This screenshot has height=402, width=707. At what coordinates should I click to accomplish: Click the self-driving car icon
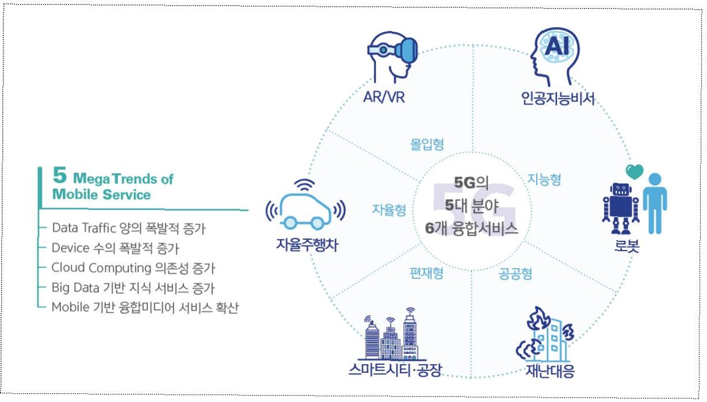[x=305, y=207]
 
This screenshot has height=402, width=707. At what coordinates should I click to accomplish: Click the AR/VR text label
[x=383, y=98]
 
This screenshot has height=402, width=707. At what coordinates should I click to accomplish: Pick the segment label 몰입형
[x=427, y=144]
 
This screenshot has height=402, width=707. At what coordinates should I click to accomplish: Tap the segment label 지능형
[x=544, y=180]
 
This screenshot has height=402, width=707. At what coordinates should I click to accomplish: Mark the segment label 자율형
[x=389, y=210]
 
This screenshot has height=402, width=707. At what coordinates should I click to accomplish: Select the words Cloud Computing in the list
[x=101, y=268]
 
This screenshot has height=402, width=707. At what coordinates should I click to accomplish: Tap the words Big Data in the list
[x=72, y=287]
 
